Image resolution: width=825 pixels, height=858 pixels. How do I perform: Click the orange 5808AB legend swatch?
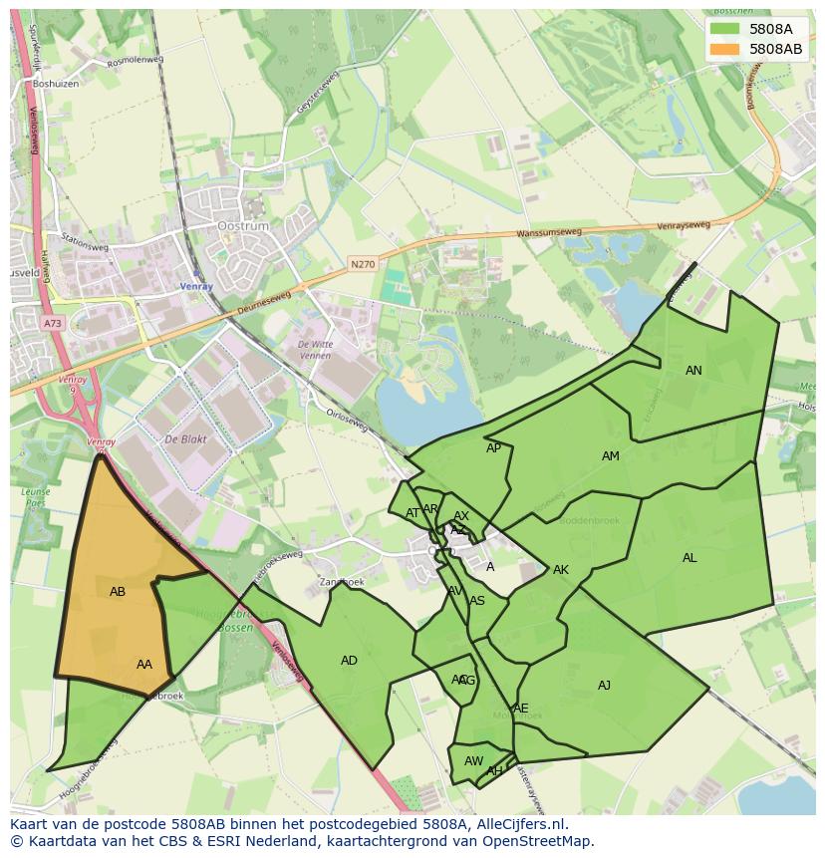[x=725, y=49]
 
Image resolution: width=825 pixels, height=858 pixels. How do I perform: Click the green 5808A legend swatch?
[x=725, y=29]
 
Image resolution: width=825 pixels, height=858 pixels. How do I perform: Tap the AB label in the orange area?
[x=118, y=592]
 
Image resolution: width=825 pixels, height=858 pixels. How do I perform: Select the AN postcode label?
[x=693, y=371]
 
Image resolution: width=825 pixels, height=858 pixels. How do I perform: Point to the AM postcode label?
[x=611, y=456]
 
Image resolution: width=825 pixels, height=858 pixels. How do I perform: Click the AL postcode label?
[x=689, y=558]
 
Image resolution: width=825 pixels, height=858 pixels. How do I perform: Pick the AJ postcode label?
[x=604, y=686]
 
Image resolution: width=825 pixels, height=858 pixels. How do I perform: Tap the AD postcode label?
[x=349, y=661]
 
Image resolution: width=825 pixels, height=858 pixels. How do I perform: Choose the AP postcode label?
[x=493, y=448]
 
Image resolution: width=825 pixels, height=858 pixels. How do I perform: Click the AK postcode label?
[x=561, y=570]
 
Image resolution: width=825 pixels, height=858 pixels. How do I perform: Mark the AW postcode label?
[x=473, y=761]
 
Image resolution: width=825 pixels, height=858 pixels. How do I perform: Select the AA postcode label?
[x=144, y=665]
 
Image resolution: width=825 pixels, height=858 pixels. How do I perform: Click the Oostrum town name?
[x=243, y=226]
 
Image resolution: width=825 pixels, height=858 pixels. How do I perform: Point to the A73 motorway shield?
[x=52, y=324]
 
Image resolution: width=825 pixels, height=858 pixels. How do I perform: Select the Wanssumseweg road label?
[x=549, y=235]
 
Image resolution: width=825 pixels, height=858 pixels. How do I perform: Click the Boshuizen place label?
[x=55, y=84]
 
